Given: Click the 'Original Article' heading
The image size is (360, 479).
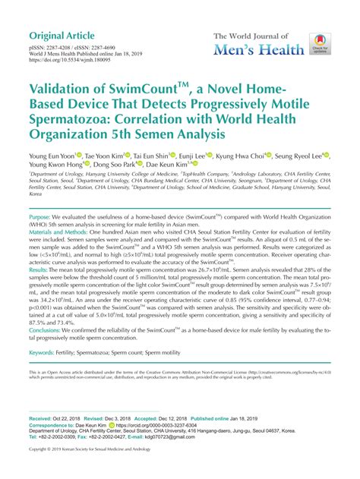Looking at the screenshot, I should point(62,36).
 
